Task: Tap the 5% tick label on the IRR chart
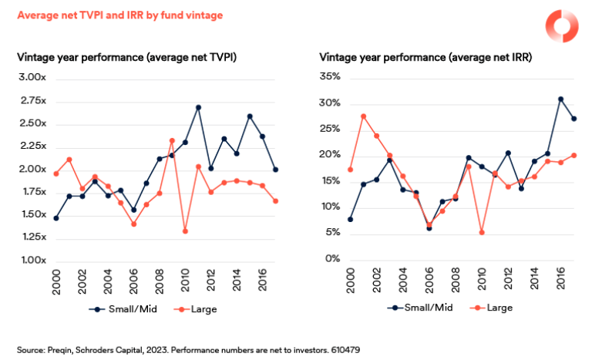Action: (334, 233)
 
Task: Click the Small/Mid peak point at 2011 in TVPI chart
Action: (198, 108)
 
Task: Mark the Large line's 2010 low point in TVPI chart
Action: (185, 231)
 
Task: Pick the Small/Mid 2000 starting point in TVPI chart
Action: (55, 218)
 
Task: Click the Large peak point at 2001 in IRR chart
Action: (363, 116)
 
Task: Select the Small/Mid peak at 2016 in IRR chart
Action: (560, 99)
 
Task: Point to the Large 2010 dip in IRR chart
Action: (481, 232)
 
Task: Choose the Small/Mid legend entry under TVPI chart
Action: (115, 309)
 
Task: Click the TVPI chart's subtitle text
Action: (126, 56)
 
